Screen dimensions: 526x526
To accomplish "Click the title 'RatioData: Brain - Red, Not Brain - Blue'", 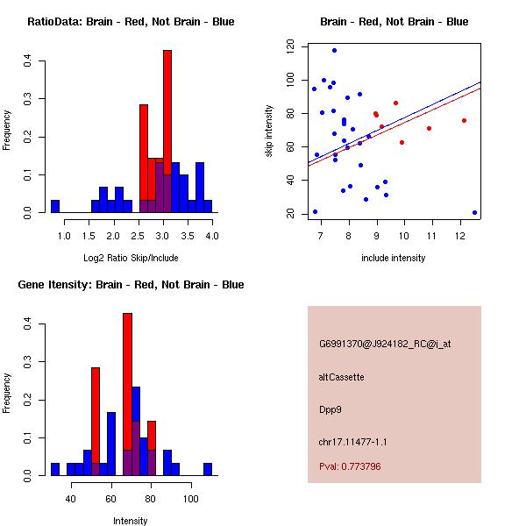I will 131,22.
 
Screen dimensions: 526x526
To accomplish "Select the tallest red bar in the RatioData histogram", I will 167,131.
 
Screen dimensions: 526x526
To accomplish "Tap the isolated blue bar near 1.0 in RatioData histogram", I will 55,207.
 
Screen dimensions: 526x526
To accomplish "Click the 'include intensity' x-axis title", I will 394,258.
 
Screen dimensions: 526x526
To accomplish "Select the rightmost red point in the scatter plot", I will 464,120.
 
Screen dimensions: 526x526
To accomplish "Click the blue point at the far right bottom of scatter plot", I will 474,212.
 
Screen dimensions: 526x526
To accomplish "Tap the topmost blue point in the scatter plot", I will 334,50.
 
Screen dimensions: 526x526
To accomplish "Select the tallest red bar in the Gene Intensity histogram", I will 127,394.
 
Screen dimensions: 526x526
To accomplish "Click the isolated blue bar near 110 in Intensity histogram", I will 208,469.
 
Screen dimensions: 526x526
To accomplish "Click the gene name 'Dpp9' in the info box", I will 330,409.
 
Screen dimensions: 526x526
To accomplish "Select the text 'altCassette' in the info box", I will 341,377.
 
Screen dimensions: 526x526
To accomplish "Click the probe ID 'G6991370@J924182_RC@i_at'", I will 385,345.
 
